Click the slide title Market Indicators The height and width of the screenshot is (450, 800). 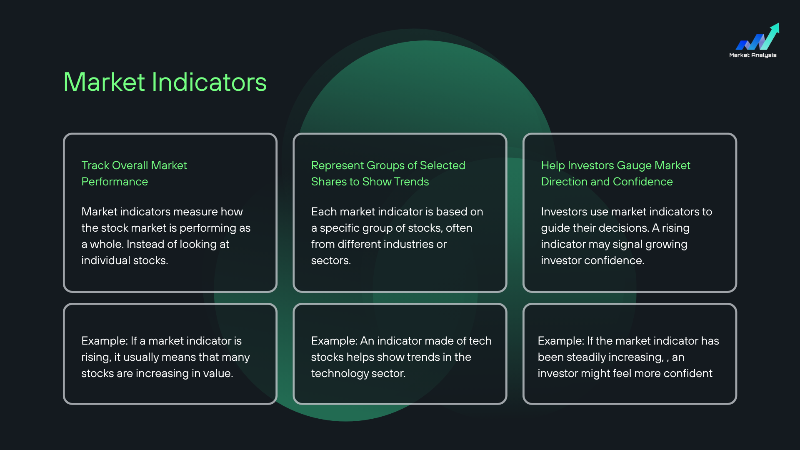(x=165, y=82)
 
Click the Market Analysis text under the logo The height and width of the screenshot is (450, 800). (x=753, y=55)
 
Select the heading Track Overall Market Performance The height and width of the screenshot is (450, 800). (x=134, y=173)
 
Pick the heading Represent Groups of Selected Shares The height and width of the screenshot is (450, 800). (x=388, y=173)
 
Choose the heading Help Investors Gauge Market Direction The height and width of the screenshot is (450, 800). (x=615, y=173)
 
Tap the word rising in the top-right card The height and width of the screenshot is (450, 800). (x=676, y=228)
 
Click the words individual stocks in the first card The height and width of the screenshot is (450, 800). (x=125, y=260)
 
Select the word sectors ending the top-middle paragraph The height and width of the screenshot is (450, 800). (x=331, y=261)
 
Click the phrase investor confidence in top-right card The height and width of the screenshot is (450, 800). (x=592, y=260)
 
